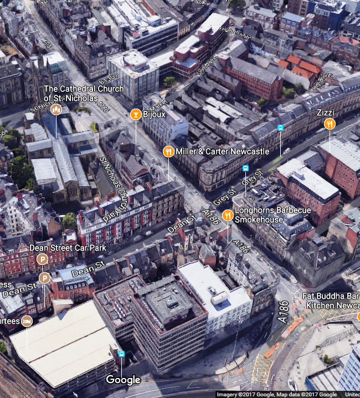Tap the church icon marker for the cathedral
tap(56, 109)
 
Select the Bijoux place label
tap(155, 114)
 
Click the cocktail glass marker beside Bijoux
tap(135, 114)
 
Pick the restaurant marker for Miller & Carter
tap(168, 151)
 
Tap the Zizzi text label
tap(325, 113)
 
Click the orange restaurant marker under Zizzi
tap(330, 124)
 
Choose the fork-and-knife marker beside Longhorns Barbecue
tap(227, 215)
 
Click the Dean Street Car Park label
tap(68, 248)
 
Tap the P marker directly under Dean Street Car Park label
tap(42, 259)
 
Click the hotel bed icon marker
tap(27, 321)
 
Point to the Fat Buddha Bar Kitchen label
tap(331, 300)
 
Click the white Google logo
tap(123, 380)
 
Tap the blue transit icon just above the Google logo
tap(121, 354)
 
